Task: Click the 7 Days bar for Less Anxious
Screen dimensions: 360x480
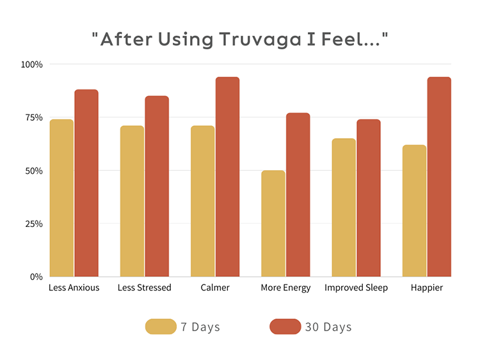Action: [61, 198]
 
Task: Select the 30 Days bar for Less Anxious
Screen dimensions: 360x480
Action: [86, 184]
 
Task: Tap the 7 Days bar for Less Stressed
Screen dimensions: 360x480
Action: [132, 201]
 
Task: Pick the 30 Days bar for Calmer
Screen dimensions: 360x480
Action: [227, 177]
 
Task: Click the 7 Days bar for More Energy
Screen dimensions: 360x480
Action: [273, 224]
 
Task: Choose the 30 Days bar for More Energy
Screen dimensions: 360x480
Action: [298, 195]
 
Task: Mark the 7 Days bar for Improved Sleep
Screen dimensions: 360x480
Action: [344, 208]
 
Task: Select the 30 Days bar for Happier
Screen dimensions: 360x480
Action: [439, 177]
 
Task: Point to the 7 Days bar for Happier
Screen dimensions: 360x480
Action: [414, 211]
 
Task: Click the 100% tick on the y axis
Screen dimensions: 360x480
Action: [32, 65]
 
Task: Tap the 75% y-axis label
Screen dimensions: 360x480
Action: [34, 118]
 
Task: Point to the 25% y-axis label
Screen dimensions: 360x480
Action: [34, 224]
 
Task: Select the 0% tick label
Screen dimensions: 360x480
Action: [36, 277]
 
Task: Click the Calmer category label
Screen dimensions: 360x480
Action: [215, 288]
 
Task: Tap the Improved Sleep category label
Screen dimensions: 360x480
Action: [356, 288]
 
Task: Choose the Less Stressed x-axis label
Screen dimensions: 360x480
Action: [145, 288]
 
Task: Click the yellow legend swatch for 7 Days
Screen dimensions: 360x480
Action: [160, 327]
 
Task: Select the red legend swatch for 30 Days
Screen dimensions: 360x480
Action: [285, 327]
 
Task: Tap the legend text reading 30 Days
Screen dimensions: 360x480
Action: [328, 327]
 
